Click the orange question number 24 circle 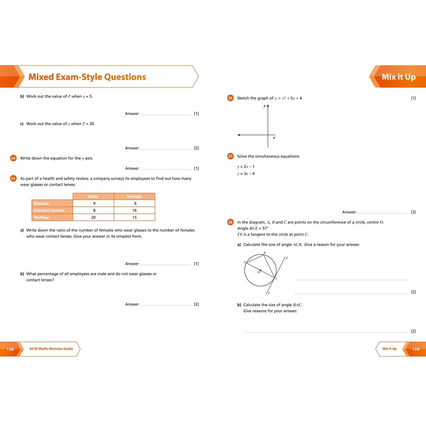point(13,158)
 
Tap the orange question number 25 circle point(13,178)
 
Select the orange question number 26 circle point(230,98)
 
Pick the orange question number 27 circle point(230,156)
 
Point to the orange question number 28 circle point(230,222)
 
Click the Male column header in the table point(93,197)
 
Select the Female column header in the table point(134,197)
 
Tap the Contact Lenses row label point(49,210)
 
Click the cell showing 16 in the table point(134,210)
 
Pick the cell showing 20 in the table point(93,218)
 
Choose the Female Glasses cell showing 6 point(135,203)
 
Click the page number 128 point(10,349)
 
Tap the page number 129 point(415,349)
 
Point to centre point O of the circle point(260,270)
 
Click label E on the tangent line point(287,258)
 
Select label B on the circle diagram point(264,253)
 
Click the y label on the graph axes point(264,106)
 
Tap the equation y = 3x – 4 point(246,174)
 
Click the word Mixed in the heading point(41,77)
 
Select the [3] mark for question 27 point(413,212)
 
